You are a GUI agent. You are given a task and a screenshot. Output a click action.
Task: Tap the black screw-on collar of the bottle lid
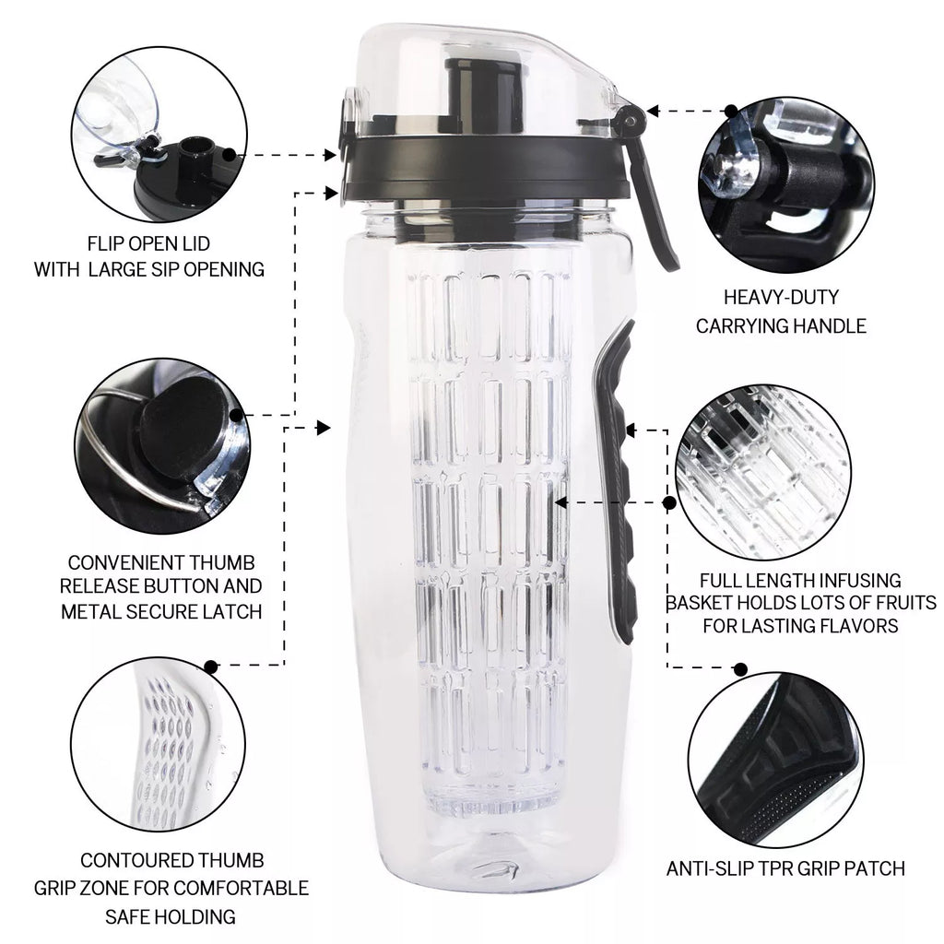(489, 166)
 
